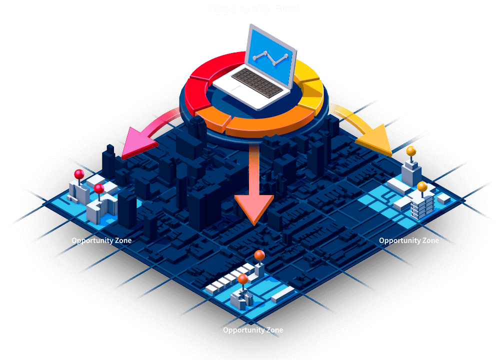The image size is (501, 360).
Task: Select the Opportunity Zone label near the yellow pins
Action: (x=409, y=240)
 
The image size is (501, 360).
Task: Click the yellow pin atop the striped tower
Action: (x=422, y=186)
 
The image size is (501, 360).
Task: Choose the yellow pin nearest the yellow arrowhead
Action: (x=411, y=150)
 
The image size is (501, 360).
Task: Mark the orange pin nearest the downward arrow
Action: (x=259, y=255)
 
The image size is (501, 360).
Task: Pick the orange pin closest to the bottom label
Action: (x=242, y=279)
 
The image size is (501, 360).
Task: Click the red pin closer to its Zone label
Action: (x=99, y=188)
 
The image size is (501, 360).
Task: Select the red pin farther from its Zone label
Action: (x=79, y=174)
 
